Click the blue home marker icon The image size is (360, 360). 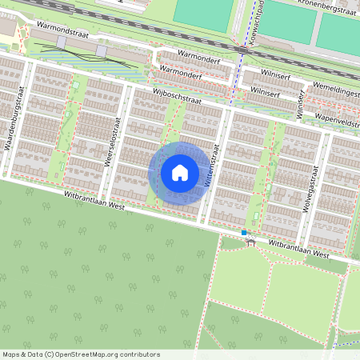coord(180,172)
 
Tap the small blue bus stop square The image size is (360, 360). coord(244,232)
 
